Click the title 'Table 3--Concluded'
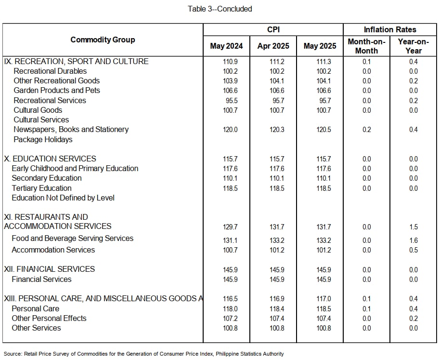click(x=220, y=9)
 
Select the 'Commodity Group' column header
click(x=103, y=40)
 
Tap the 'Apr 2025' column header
click(x=273, y=46)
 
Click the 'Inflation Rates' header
click(x=390, y=29)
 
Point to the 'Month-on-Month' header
click(x=366, y=46)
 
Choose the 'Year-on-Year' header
click(x=414, y=46)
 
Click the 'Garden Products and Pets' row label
click(x=57, y=91)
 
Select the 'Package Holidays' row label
click(x=43, y=140)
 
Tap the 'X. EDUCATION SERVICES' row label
click(x=50, y=159)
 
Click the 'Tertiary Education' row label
click(x=41, y=188)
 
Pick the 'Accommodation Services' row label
click(x=53, y=250)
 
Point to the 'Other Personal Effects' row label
click(x=49, y=319)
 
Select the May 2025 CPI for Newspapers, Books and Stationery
click(x=324, y=130)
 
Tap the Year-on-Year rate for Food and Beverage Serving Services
click(x=414, y=240)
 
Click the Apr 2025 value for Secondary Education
click(x=277, y=178)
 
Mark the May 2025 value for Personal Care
click(x=324, y=309)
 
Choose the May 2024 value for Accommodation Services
click(x=230, y=250)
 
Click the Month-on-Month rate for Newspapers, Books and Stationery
click(x=366, y=130)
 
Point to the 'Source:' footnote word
click(x=13, y=354)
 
